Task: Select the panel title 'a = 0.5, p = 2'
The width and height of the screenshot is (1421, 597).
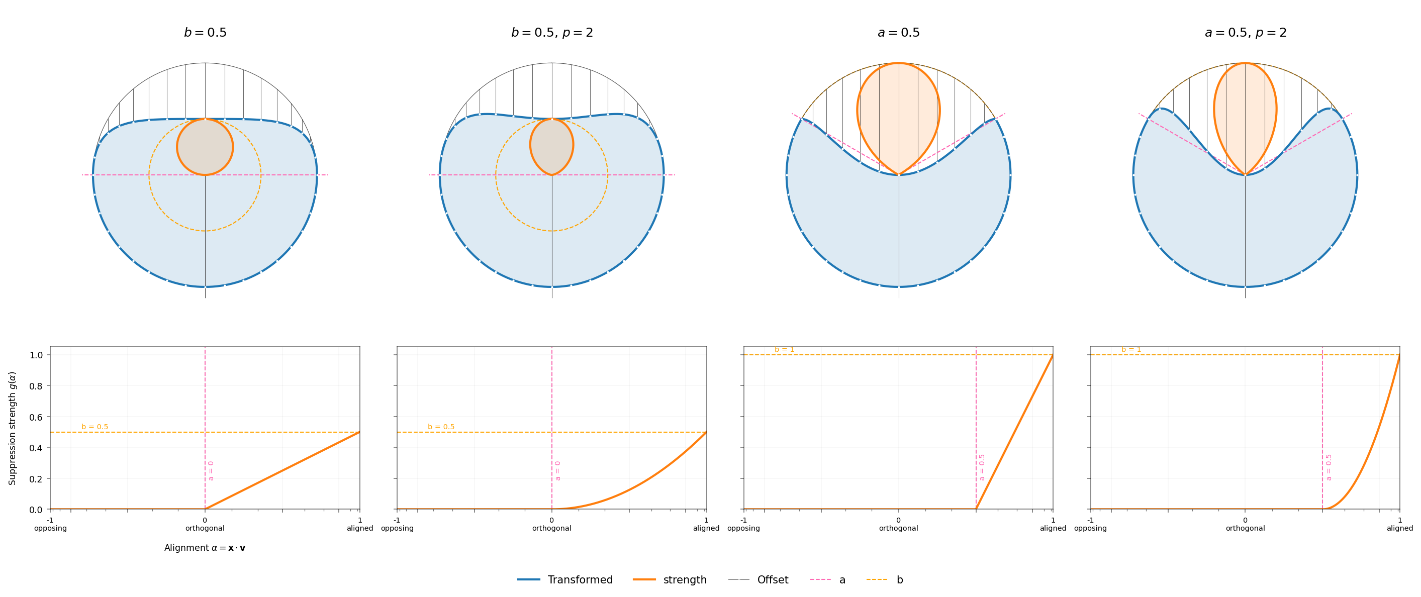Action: point(1245,33)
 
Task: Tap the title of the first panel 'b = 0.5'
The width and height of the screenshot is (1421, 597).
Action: point(205,33)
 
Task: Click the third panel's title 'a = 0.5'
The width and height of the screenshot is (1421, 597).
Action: point(898,33)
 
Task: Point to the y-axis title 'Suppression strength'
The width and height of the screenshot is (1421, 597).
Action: point(12,428)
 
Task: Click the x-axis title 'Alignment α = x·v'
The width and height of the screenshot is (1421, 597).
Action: point(205,547)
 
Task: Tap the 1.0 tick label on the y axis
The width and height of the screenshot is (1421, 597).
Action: point(36,355)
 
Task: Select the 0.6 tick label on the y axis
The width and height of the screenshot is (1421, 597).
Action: point(36,417)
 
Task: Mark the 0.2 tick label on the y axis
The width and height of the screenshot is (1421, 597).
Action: point(36,478)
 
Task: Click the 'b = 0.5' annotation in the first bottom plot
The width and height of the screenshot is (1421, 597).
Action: point(95,427)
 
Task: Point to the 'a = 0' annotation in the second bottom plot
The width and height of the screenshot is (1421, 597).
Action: point(558,471)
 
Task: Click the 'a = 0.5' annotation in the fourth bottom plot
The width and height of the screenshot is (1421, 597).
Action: point(1329,467)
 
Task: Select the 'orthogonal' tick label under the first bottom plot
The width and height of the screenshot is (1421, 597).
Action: point(205,528)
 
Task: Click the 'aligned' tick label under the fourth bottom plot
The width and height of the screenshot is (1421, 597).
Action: point(1399,528)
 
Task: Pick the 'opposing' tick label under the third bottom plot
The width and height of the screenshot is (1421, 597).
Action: point(743,528)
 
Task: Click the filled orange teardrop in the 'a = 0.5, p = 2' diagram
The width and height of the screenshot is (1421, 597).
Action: point(1245,116)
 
